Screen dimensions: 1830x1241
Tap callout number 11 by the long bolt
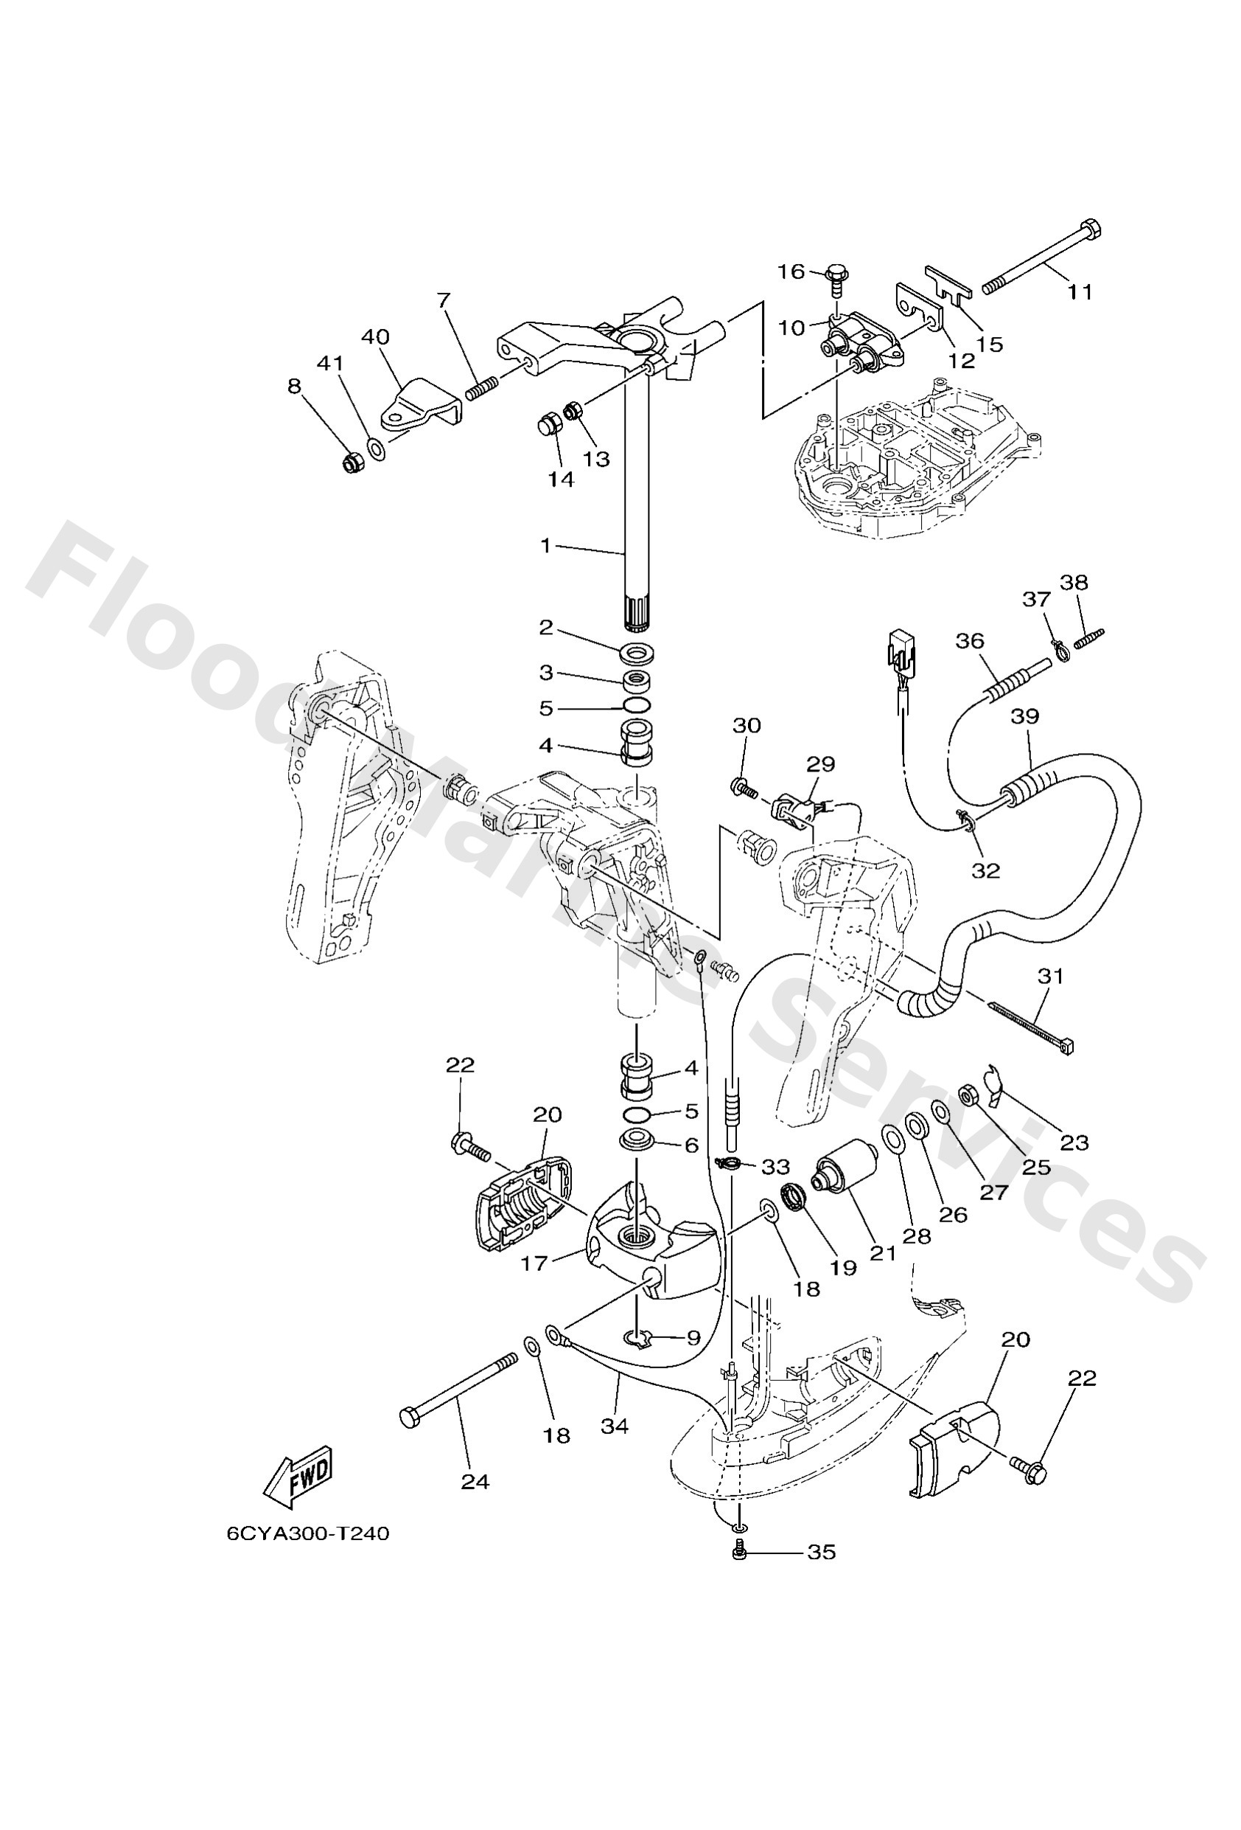click(1080, 291)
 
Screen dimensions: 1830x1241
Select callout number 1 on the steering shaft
click(546, 545)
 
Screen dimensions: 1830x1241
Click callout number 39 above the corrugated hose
click(1025, 716)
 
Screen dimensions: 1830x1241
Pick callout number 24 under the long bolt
click(475, 1482)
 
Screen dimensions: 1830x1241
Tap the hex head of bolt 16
click(836, 276)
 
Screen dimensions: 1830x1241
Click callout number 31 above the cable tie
click(1051, 977)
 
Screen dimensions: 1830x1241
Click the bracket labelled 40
click(422, 401)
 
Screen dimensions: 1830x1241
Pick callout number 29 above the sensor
click(821, 764)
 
